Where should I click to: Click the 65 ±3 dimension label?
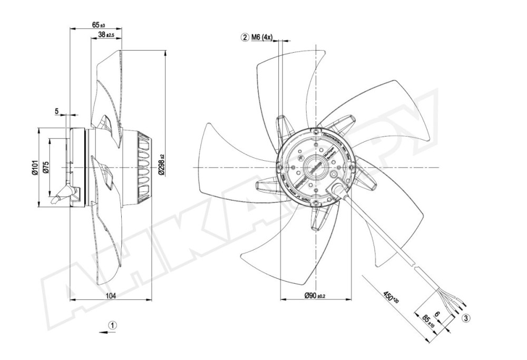click(x=98, y=25)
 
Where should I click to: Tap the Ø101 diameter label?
click(x=35, y=167)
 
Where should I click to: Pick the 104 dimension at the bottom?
click(x=111, y=296)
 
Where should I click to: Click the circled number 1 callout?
click(x=113, y=325)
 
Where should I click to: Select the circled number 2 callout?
click(x=245, y=37)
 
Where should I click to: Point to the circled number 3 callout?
click(x=466, y=317)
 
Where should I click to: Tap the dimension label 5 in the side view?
click(x=56, y=111)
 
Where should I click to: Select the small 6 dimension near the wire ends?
click(x=437, y=315)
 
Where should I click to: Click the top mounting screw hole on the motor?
click(x=315, y=131)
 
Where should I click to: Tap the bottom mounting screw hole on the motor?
click(x=315, y=202)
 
